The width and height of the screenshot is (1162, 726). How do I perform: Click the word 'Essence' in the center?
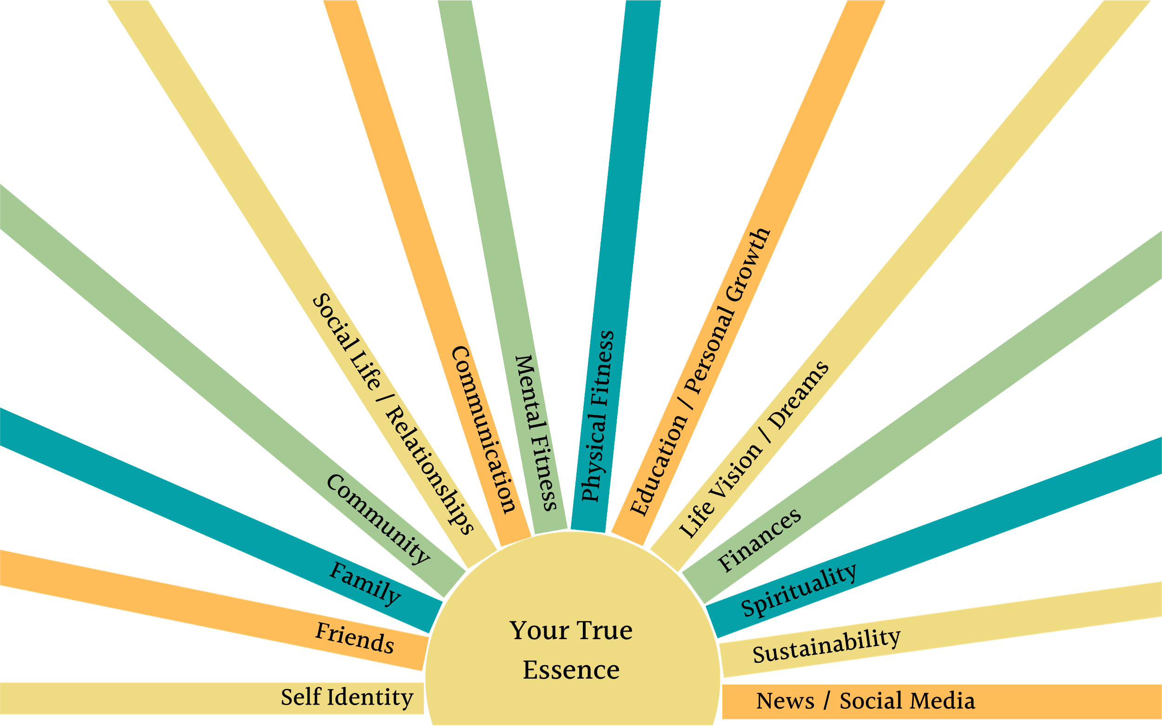tap(571, 670)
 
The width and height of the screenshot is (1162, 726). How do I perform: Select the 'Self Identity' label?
tap(347, 697)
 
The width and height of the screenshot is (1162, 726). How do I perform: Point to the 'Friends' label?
tap(355, 638)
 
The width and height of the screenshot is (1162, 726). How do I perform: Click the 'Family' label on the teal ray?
tap(364, 583)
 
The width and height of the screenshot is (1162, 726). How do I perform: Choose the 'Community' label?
tap(378, 519)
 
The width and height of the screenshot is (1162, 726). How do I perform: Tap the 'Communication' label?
tap(484, 430)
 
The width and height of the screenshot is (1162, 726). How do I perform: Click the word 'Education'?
tap(659, 464)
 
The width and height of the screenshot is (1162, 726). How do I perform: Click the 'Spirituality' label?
tap(799, 589)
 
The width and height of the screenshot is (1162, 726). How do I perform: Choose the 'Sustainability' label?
tap(826, 646)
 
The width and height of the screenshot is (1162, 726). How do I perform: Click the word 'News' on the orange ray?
tap(785, 701)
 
